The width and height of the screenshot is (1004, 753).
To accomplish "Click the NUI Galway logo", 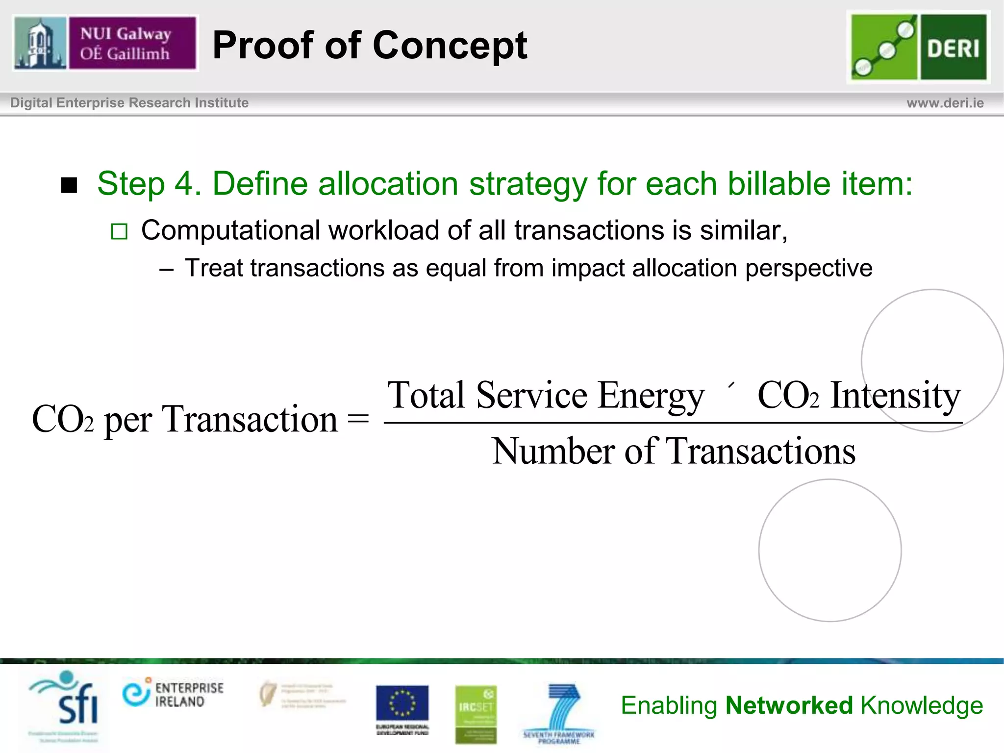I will point(105,43).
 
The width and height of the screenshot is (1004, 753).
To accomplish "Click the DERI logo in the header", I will point(918,47).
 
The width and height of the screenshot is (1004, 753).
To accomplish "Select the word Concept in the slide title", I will point(450,46).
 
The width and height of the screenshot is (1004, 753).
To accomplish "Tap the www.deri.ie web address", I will point(945,103).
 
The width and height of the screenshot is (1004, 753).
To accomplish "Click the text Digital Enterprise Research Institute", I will point(129,103).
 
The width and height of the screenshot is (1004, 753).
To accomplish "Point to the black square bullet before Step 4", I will point(69,185).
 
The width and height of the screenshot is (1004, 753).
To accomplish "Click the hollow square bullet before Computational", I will point(119,231).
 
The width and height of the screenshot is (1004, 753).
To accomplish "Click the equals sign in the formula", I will point(358,420).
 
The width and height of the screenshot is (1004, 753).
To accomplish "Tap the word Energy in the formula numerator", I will point(651,396).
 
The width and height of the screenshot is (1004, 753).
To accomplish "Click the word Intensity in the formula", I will point(895,396).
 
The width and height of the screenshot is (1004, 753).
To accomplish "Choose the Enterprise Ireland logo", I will point(173,693).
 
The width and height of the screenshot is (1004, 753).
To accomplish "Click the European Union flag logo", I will point(402,704).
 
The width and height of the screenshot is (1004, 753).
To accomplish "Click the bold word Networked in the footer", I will point(789,706).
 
